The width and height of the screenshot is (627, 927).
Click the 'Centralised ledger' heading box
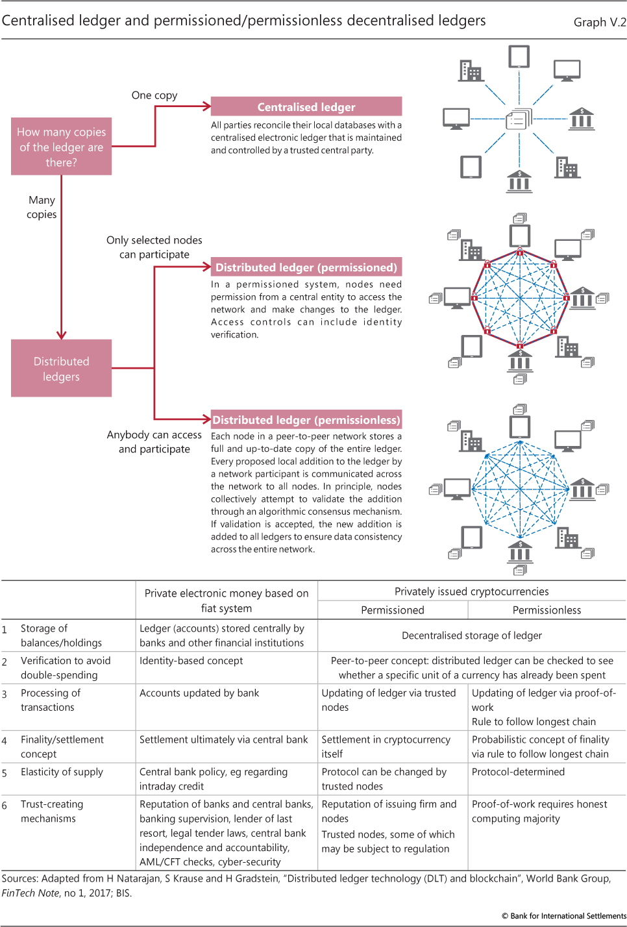coord(306,107)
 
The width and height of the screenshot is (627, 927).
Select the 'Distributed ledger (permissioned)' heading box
coord(306,267)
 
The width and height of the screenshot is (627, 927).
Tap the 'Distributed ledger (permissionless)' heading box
coord(306,420)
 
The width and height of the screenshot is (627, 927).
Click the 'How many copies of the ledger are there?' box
coord(61,147)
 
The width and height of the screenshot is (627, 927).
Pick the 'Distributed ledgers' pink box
coord(61,369)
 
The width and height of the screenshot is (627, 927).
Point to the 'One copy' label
coord(154,95)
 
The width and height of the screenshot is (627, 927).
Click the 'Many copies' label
coord(42,207)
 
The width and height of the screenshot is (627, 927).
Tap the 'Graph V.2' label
coord(600,22)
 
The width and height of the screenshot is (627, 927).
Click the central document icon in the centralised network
coord(519,119)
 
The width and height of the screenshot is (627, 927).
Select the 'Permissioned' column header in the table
coord(393,610)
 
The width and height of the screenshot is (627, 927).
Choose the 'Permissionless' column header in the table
coord(547,610)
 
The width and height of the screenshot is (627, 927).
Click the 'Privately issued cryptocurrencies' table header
coord(471,591)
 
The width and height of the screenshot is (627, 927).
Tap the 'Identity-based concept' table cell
coord(191,661)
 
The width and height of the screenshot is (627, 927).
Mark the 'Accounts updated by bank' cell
coord(199,693)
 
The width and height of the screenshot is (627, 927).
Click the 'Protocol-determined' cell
coord(518,772)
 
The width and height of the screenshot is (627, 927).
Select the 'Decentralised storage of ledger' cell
coord(471,636)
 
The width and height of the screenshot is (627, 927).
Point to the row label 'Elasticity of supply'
coord(62,772)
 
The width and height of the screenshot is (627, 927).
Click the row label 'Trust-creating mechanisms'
coord(52,811)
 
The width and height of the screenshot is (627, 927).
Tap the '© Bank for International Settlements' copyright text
coord(563,916)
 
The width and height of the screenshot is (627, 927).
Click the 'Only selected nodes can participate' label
coord(154,247)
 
